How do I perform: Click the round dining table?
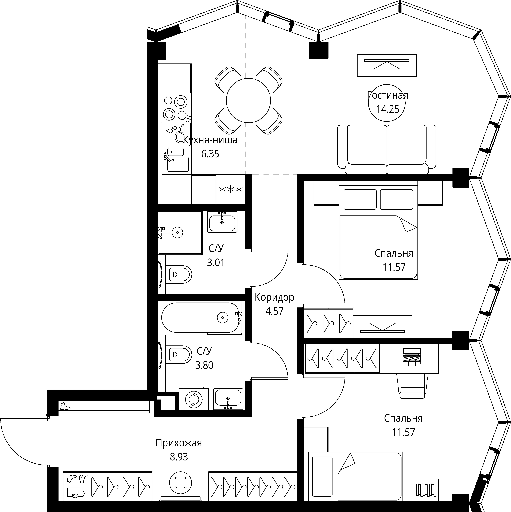tap(249, 100)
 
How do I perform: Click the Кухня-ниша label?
tap(210, 140)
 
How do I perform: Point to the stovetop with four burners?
tap(176, 108)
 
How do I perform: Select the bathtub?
tap(201, 318)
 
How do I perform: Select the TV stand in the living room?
tap(387, 65)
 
